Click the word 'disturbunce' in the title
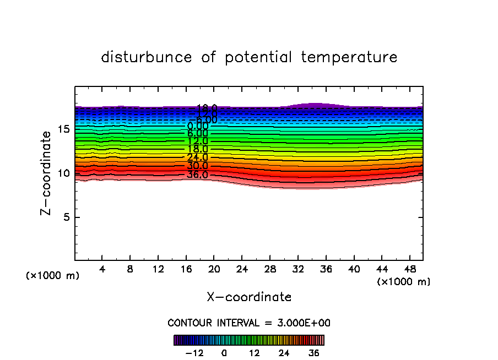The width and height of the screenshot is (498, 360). coord(147,57)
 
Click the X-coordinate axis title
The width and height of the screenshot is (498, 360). coord(249,297)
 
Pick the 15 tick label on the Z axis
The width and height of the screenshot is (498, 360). coord(62,129)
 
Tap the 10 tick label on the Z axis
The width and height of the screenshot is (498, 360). coord(62,173)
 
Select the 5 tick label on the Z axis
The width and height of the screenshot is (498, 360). coord(64,217)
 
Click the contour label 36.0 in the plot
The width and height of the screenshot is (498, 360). coord(197,175)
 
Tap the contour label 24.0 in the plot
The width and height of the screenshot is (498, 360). coord(197,157)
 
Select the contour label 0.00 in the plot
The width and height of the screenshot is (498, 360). coord(197,127)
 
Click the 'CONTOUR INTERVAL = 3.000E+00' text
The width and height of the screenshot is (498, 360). coord(249,323)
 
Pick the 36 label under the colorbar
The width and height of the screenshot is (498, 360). coord(313,353)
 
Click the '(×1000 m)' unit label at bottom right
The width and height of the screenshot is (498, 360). coord(404,282)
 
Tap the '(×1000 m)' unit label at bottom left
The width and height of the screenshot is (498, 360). coord(53,276)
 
